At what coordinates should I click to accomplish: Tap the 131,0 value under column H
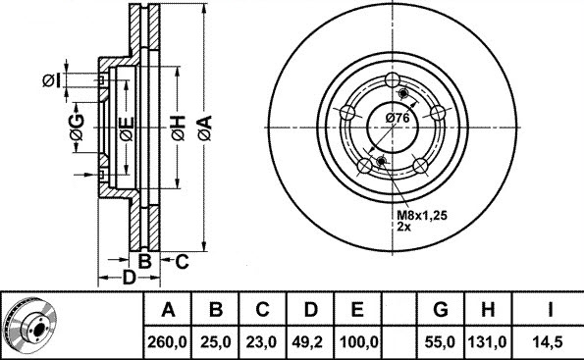point(488,341)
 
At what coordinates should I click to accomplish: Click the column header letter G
point(441,309)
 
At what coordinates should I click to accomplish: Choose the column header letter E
point(357,309)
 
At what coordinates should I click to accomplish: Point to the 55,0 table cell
point(441,341)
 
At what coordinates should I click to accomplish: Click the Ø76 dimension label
point(398,118)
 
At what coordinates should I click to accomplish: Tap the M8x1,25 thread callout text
point(422,215)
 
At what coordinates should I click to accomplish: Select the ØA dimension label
point(205,128)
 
